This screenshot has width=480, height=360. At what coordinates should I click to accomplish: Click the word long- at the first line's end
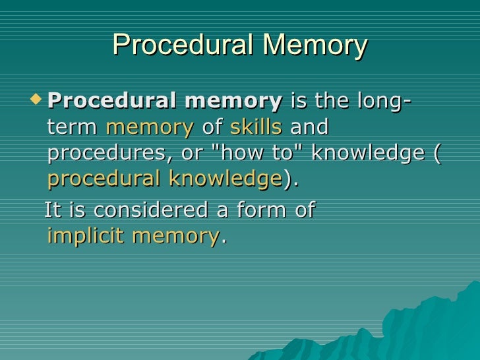pos(384,102)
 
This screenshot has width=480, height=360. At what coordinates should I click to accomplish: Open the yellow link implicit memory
pos(135,236)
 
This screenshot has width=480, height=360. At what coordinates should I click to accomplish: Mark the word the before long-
pos(332,102)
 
